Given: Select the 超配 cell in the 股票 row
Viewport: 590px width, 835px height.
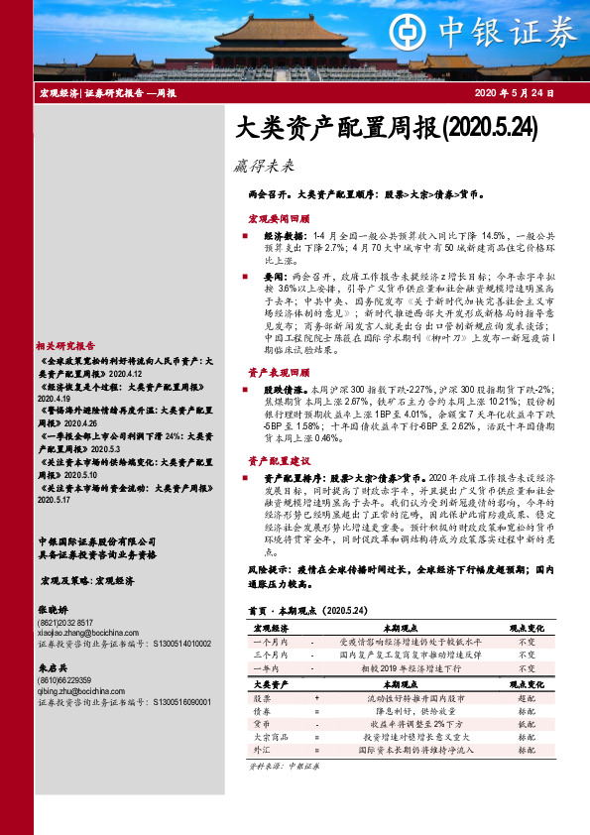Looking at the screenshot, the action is (527, 698).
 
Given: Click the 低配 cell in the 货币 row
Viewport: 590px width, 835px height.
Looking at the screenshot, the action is (527, 724).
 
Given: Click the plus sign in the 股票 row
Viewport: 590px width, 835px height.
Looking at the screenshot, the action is (316, 698).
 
